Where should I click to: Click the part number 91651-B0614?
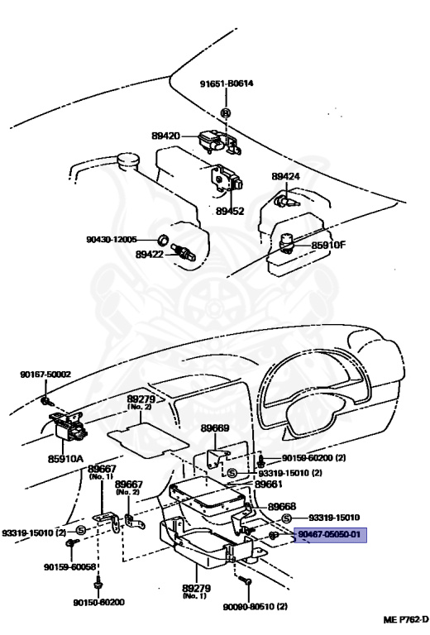coord(226,84)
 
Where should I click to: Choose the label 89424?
coord(285,177)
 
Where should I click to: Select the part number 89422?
coord(150,255)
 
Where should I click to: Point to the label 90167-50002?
coord(45,374)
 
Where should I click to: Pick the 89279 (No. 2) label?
coord(141,402)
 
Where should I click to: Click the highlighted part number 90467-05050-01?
coord(329,535)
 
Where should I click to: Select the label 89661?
coord(269,485)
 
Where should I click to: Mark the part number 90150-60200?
coord(98,602)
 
